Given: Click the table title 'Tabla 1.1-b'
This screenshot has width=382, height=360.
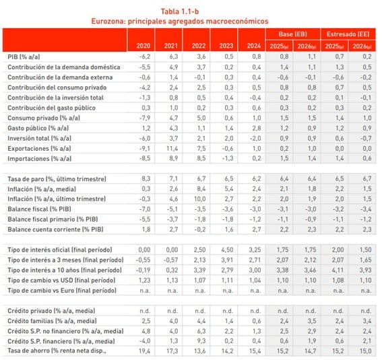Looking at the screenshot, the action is [180, 11].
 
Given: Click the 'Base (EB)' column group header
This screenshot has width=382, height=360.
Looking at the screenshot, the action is [292, 34].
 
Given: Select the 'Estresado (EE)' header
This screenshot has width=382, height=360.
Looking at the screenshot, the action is [348, 34].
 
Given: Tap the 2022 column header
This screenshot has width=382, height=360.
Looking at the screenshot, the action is [198, 46].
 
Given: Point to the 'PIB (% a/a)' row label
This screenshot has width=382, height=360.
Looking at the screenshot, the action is [24, 57].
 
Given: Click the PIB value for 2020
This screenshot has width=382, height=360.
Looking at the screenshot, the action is [145, 57].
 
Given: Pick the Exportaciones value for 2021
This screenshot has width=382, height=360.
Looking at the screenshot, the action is [172, 149].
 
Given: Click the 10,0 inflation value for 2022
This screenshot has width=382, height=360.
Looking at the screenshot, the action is [200, 199].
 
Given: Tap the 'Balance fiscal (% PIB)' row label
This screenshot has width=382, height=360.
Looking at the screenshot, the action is [39, 209].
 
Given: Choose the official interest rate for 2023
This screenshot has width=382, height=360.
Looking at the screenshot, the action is [227, 250].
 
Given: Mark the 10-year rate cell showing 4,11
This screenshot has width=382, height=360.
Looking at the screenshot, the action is [338, 271].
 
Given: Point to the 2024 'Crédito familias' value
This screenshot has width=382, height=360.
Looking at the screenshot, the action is [256, 321].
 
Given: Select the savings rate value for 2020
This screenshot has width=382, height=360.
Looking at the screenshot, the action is [145, 351].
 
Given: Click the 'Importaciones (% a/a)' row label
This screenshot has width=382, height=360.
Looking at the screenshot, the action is [39, 159].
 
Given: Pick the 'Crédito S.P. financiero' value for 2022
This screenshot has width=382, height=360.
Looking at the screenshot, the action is [201, 341].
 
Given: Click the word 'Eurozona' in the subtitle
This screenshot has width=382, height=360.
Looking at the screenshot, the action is [108, 22].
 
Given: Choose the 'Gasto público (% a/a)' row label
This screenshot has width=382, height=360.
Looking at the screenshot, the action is [38, 129].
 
